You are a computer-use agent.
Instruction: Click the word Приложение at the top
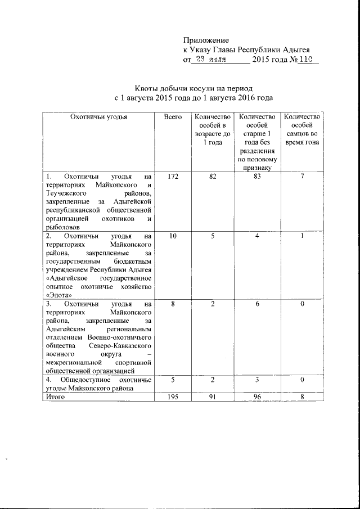[x=206, y=40]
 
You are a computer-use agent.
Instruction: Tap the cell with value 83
[x=256, y=177]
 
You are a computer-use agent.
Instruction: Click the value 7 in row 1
[x=302, y=177]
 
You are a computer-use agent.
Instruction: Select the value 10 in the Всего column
[x=173, y=236]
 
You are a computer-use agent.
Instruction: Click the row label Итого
[x=56, y=397]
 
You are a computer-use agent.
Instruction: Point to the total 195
[x=173, y=397]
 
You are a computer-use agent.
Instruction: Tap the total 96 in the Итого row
[x=256, y=397]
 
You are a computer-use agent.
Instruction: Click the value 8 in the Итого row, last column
[x=302, y=397]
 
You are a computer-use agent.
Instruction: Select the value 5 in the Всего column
[x=173, y=380]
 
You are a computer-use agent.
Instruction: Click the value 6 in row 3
[x=256, y=304]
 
